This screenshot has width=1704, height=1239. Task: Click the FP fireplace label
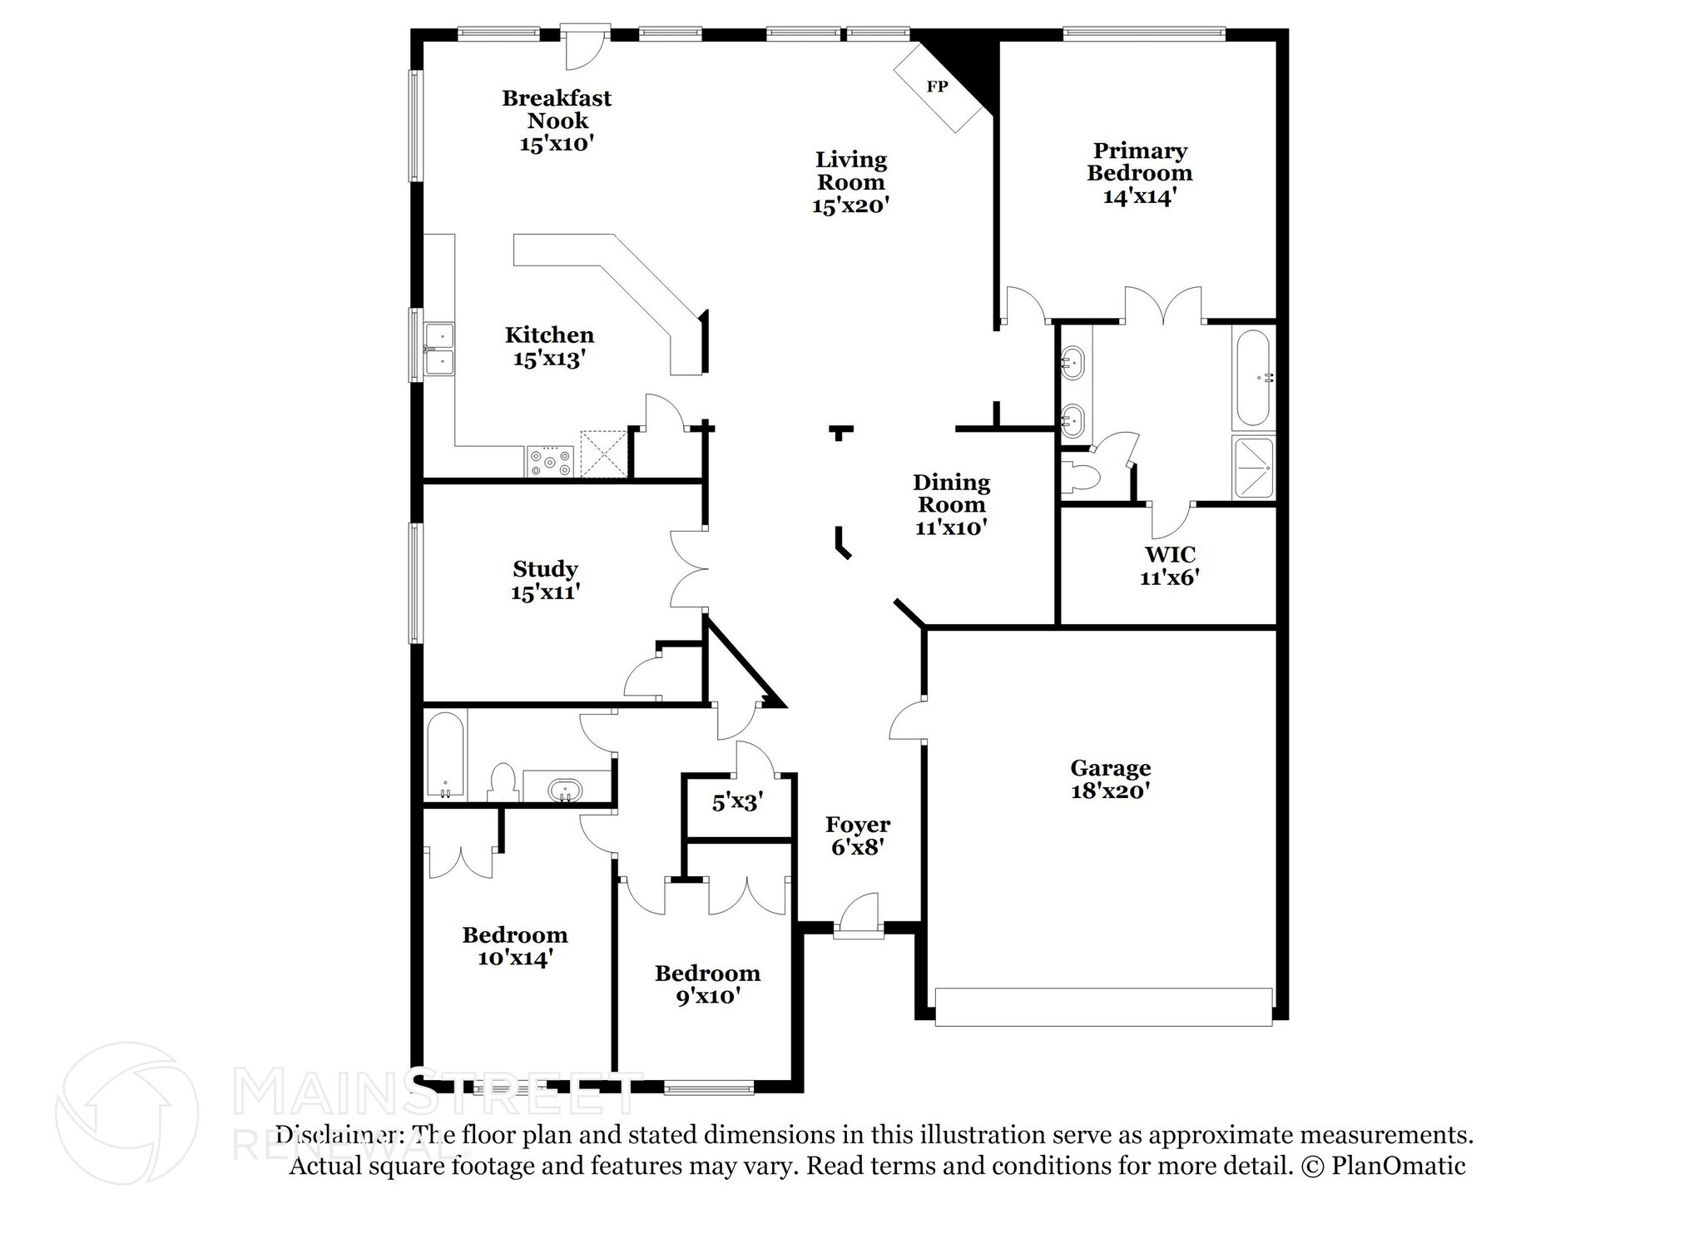937,87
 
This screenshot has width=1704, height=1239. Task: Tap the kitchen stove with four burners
550,462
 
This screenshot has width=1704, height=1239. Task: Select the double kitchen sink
438,349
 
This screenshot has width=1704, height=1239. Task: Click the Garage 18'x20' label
1110,779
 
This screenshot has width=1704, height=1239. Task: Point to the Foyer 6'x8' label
857,835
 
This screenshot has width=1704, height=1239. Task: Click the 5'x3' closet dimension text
737,803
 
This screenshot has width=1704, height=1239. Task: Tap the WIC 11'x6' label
1169,565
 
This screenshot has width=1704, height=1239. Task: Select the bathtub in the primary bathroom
1253,378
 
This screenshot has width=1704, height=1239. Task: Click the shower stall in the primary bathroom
1253,468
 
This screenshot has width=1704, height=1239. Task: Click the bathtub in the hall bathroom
445,754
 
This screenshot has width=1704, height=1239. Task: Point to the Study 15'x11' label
545,580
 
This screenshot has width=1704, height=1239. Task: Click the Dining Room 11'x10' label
951,504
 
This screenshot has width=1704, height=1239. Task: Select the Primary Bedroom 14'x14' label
1139,173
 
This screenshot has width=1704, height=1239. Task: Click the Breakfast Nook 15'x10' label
556,121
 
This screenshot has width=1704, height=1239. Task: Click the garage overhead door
1103,1007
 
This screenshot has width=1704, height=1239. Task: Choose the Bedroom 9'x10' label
707,984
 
